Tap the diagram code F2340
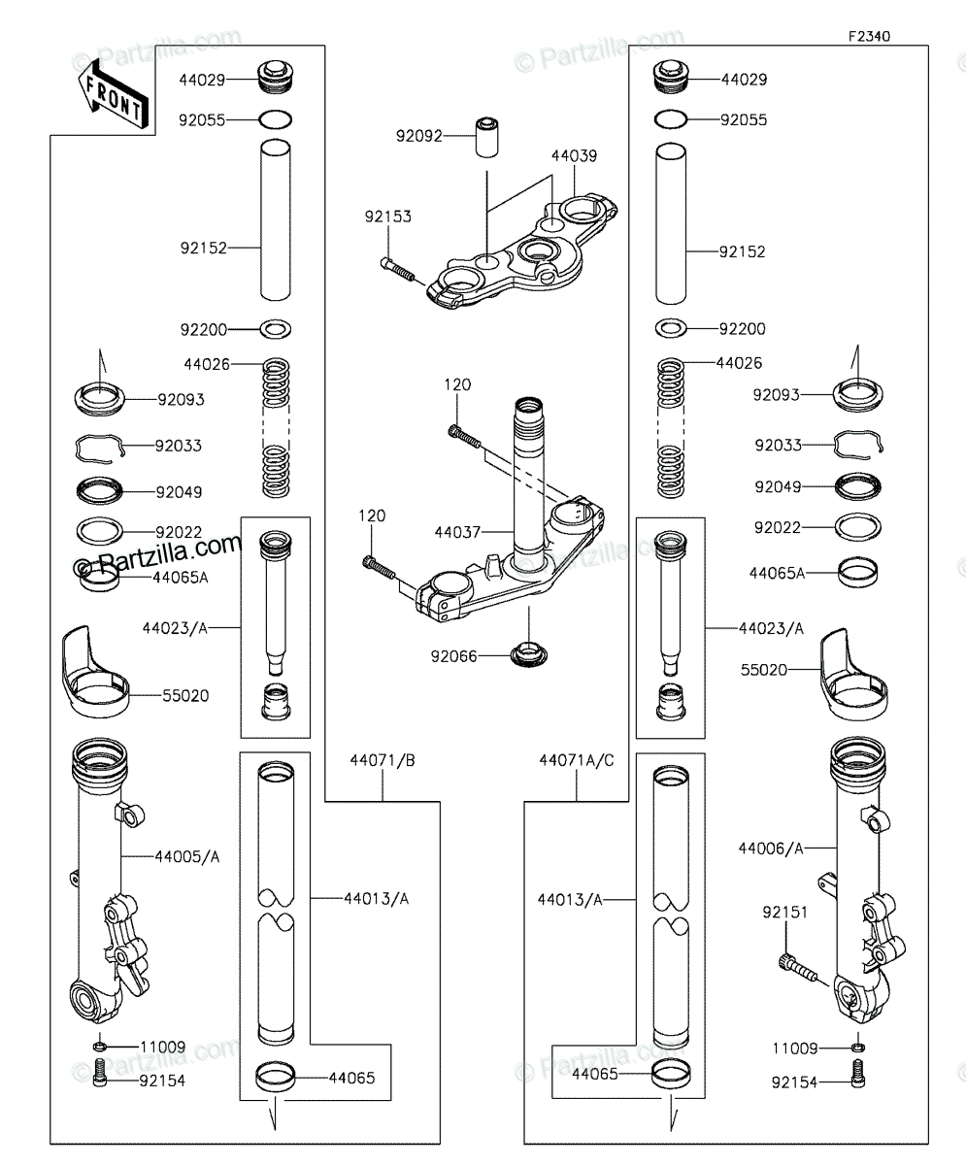point(869,36)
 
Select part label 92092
point(419,136)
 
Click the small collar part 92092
point(486,137)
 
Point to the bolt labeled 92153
point(397,270)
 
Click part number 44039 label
point(574,155)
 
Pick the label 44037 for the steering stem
point(457,532)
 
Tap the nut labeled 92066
point(529,655)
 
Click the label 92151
point(785,912)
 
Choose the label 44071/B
point(383,760)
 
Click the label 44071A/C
point(577,760)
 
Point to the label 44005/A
point(187,856)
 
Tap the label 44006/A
point(771,849)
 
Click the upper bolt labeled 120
point(465,436)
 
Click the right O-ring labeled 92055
point(671,118)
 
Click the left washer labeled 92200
point(276,329)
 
